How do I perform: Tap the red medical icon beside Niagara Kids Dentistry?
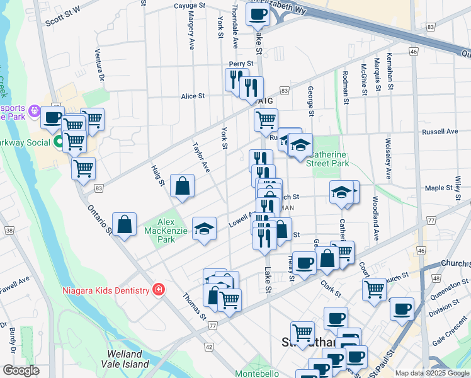(159, 290)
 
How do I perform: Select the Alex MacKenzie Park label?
(166, 231)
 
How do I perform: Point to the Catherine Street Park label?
(327, 159)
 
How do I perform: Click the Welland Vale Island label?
(128, 359)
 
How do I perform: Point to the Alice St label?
(193, 96)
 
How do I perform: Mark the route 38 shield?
(8, 231)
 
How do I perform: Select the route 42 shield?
(208, 347)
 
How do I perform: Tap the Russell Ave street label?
(440, 132)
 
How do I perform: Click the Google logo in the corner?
(21, 370)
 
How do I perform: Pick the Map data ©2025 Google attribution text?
(432, 373)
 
